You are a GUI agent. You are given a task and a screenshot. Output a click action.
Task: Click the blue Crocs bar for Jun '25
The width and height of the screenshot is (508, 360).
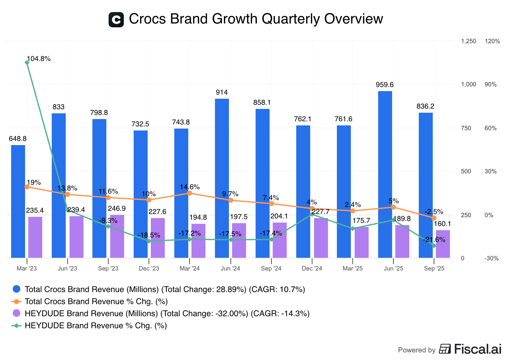pos(385,174)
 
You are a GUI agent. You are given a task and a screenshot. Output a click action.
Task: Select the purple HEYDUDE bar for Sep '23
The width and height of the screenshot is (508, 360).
pos(117,236)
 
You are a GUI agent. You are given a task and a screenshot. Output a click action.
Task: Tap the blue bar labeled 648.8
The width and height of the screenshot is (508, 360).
pos(18,201)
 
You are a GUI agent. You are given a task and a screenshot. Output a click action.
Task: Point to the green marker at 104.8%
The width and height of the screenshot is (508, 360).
pos(27,63)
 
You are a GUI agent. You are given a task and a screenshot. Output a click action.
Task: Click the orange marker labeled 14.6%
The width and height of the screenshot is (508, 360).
pos(190,193)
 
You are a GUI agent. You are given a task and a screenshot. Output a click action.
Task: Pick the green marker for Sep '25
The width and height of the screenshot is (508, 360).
pos(434,245)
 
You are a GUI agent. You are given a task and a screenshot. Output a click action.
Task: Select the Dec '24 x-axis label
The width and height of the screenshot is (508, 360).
pos(312,269)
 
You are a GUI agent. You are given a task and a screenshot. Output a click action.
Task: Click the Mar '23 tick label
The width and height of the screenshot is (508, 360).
pos(27,269)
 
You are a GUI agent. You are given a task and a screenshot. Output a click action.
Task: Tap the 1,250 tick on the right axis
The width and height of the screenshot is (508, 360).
pos(468,41)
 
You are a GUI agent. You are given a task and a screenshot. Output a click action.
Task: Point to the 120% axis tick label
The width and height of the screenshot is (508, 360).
pos(492,41)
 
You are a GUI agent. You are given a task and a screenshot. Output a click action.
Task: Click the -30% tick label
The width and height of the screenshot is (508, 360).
pos(491,258)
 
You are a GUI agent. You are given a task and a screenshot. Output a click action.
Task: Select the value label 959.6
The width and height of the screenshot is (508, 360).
pos(384,85)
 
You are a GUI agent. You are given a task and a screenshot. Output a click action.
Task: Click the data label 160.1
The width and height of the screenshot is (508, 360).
pos(442,224)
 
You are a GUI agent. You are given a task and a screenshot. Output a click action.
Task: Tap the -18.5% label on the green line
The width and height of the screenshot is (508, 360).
pos(149,236)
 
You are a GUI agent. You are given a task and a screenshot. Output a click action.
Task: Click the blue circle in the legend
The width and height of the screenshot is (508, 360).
pos(17,289)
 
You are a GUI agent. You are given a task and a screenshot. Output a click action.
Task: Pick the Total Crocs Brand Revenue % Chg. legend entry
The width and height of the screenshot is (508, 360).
pos(96,302)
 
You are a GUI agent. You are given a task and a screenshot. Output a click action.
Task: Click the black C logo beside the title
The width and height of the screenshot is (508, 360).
pos(116,20)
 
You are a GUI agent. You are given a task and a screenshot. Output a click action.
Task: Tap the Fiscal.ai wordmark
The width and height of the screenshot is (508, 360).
pos(478,349)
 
